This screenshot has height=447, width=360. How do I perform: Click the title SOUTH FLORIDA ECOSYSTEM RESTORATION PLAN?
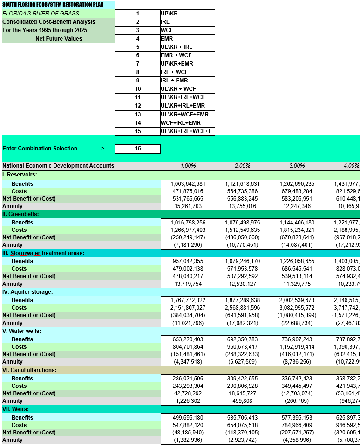coord(53,5)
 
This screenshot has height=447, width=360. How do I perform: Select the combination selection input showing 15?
coord(138,149)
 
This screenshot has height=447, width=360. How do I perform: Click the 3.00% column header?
coord(297,166)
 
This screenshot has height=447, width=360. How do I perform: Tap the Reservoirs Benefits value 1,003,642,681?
coord(188,184)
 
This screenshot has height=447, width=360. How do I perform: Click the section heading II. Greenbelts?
coord(20,214)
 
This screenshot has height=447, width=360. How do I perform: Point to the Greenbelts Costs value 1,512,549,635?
coord(242,230)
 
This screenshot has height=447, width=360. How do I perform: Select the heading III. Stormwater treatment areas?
coord(43,253)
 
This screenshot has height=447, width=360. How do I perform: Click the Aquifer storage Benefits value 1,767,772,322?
coord(188,300)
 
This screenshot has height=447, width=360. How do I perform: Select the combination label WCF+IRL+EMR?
coord(181,123)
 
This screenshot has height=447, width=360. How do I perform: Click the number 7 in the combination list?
coord(138,64)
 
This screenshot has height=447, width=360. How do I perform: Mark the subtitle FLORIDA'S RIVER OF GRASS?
coord(41,14)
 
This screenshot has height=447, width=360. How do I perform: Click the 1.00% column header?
coord(188,166)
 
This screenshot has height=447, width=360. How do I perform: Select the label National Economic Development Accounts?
coord(58,166)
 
